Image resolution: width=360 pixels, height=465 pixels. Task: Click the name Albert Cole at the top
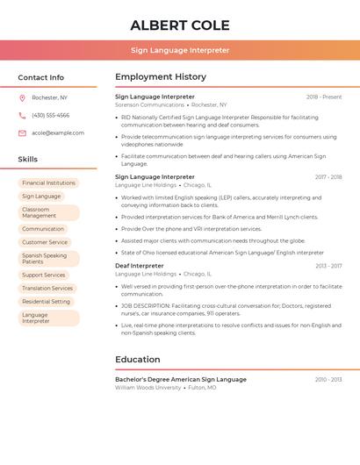(179, 25)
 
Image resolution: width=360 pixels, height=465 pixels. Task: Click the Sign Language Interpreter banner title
(180, 51)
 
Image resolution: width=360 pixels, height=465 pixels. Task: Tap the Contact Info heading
(41, 77)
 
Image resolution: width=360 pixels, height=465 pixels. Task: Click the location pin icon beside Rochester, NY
(22, 97)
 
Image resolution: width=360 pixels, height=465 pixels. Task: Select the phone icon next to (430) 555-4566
(22, 115)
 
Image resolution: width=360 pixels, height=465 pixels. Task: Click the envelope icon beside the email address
(22, 133)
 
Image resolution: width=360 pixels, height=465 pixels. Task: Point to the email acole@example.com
(58, 133)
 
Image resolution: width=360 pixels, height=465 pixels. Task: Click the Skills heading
(28, 160)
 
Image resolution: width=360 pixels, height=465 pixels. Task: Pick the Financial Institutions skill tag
(48, 183)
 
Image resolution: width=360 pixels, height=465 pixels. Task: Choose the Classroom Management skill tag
(48, 212)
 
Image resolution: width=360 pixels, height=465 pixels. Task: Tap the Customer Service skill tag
(45, 242)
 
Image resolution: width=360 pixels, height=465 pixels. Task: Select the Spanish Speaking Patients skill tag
(48, 259)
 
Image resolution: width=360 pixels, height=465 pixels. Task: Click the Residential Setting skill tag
(46, 302)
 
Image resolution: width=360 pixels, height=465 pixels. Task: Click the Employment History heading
(161, 77)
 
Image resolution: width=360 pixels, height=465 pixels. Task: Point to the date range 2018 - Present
(324, 97)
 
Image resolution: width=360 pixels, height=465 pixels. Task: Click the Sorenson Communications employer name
(149, 104)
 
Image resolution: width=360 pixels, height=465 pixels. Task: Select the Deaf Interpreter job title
(140, 265)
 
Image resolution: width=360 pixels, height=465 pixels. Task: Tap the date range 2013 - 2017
(328, 265)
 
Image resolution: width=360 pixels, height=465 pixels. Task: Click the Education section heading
(138, 360)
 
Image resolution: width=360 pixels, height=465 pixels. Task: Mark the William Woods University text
(147, 387)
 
